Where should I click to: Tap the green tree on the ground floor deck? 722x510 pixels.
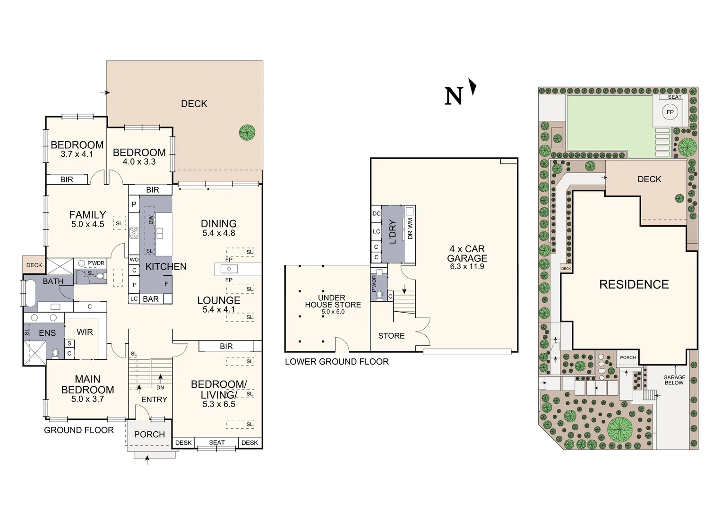click(x=247, y=132)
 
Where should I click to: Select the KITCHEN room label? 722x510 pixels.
click(x=166, y=266)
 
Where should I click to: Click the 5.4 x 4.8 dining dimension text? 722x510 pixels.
click(x=218, y=233)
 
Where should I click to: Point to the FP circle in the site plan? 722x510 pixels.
click(x=670, y=112)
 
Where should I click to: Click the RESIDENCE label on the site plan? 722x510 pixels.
click(x=634, y=284)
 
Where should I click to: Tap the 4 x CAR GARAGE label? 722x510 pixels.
click(x=467, y=254)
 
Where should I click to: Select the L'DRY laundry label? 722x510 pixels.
click(x=392, y=231)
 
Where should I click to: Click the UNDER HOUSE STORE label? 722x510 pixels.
click(x=333, y=301)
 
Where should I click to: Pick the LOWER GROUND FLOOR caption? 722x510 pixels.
click(x=336, y=362)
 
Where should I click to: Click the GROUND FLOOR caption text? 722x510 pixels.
click(x=79, y=430)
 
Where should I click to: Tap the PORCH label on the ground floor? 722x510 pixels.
click(x=149, y=434)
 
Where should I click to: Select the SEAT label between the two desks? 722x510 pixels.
click(x=217, y=442)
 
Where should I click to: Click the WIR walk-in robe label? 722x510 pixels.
click(x=85, y=332)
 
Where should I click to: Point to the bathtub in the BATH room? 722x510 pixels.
click(x=30, y=294)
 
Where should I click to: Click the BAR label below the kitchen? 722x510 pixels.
click(x=151, y=299)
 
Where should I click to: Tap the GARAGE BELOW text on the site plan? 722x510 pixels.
click(x=674, y=380)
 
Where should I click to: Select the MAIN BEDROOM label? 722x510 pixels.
click(x=87, y=384)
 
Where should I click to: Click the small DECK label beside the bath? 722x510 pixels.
click(x=34, y=265)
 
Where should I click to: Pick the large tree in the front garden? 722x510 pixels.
click(x=619, y=429)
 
